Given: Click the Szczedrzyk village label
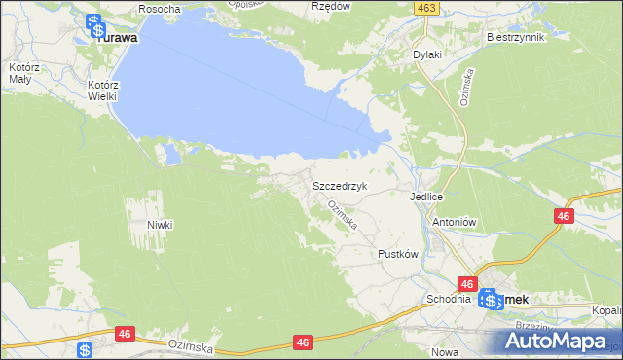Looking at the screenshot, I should [338, 185].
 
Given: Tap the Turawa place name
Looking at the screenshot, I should [116, 38].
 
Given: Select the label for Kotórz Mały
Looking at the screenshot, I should [19, 73].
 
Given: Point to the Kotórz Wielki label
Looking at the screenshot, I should [101, 90].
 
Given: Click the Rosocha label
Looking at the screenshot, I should [160, 9].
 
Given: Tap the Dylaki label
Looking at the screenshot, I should [426, 55].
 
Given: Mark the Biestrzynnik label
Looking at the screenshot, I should [513, 38].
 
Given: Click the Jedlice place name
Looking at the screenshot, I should [426, 196].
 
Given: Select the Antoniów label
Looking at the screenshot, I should [452, 221].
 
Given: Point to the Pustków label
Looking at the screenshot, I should [397, 254].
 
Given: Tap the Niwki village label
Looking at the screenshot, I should [160, 225].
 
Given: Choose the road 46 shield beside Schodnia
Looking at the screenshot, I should [467, 284].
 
